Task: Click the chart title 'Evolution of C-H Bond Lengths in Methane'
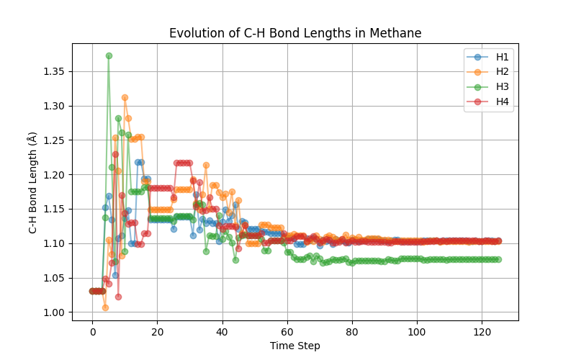pyautogui.click(x=295, y=33)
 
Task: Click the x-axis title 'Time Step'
pyautogui.click(x=295, y=346)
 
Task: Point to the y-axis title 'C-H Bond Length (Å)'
pyautogui.click(x=32, y=182)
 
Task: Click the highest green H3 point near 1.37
pyautogui.click(x=109, y=55)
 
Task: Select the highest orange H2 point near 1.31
pyautogui.click(x=125, y=97)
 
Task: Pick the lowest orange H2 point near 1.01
pyautogui.click(x=105, y=307)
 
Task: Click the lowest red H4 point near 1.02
pyautogui.click(x=118, y=297)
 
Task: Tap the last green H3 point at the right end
pyautogui.click(x=498, y=259)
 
